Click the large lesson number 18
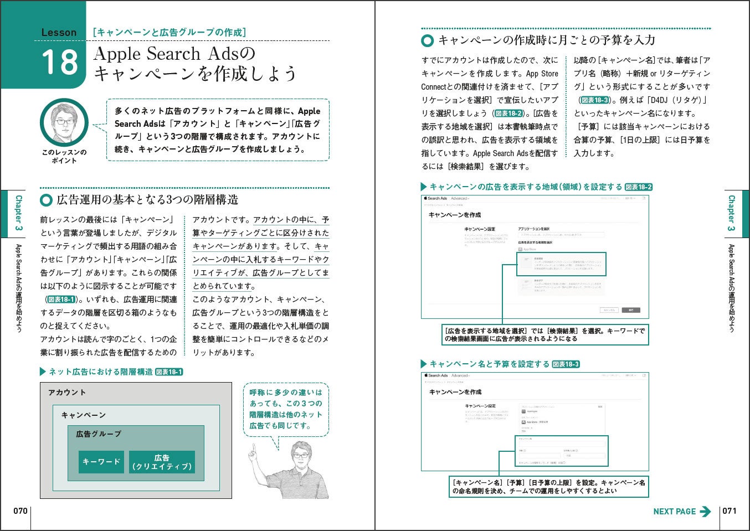pyautogui.click(x=60, y=62)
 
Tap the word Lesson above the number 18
pyautogui.click(x=59, y=33)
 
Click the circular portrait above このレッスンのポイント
pyautogui.click(x=64, y=123)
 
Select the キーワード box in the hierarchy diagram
pyautogui.click(x=101, y=461)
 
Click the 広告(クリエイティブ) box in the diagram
pyautogui.click(x=162, y=462)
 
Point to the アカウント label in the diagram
pyautogui.click(x=67, y=392)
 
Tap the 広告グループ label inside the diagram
pyautogui.click(x=99, y=434)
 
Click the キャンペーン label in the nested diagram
pyautogui.click(x=83, y=415)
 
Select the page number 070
pyautogui.click(x=20, y=511)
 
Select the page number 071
pyautogui.click(x=730, y=511)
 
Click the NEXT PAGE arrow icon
pyautogui.click(x=705, y=512)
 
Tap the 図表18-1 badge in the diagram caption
pyautogui.click(x=169, y=372)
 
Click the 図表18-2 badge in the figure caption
pyautogui.click(x=639, y=187)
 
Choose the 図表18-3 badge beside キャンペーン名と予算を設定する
pyautogui.click(x=566, y=364)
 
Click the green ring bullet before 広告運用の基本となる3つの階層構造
pyautogui.click(x=47, y=200)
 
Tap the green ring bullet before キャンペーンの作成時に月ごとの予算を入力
pyautogui.click(x=427, y=40)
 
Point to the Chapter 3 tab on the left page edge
pyautogui.click(x=18, y=213)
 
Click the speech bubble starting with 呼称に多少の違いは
pyautogui.click(x=285, y=409)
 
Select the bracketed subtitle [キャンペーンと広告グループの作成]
pyautogui.click(x=169, y=33)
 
